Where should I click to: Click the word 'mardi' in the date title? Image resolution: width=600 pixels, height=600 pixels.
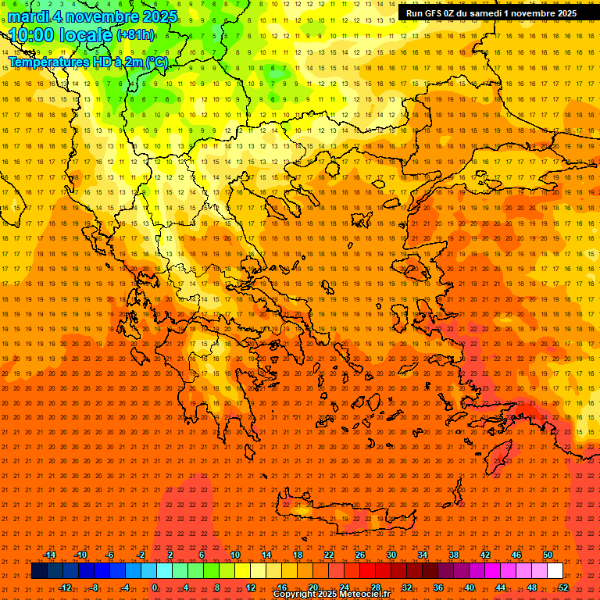tap(28, 16)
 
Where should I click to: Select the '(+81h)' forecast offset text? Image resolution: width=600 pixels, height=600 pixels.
tap(135, 35)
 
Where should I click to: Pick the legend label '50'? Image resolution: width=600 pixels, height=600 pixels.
tap(548, 555)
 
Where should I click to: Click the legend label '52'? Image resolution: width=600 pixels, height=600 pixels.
tap(562, 587)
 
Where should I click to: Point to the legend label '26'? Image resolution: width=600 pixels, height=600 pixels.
tap(360, 555)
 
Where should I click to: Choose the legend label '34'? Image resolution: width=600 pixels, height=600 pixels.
tap(423, 555)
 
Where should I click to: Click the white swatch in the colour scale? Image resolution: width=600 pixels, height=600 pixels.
tap(555, 571)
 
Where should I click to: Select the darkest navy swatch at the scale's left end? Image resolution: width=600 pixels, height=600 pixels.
tap(39, 571)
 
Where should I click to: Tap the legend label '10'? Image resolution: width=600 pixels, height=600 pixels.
tap(235, 555)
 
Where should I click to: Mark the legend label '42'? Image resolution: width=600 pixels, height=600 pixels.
tap(485, 555)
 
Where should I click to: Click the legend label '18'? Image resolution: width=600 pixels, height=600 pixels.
tap(298, 555)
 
